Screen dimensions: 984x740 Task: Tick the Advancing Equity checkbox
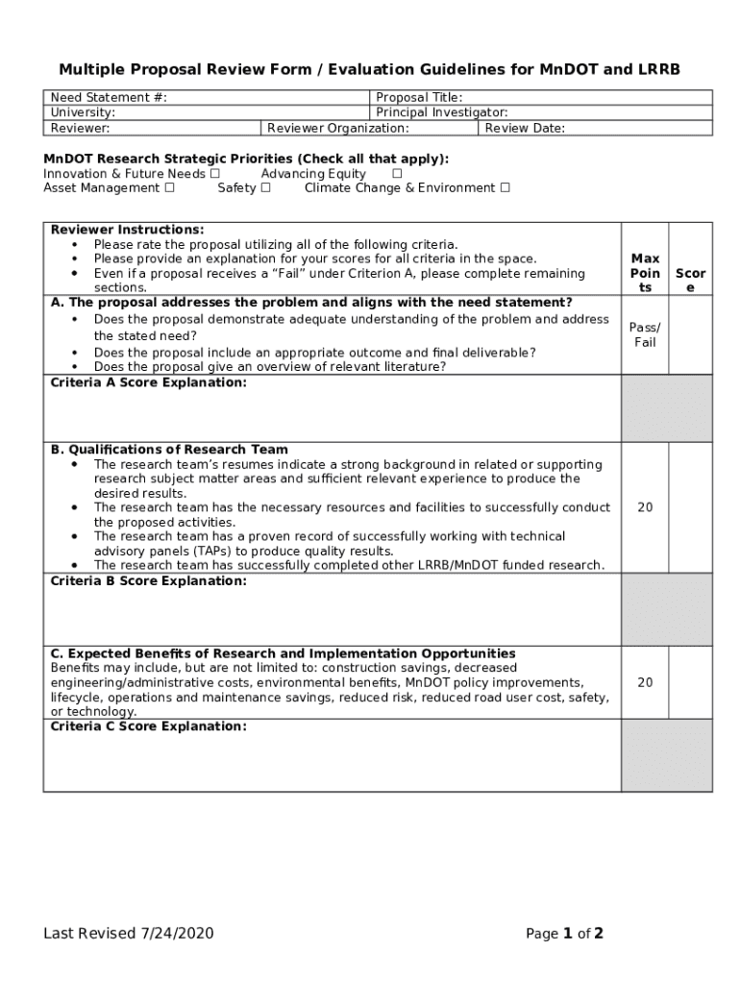click(397, 174)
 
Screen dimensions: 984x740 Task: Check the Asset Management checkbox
click(169, 188)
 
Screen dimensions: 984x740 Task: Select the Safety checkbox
click(265, 188)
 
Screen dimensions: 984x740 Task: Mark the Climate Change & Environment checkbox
click(505, 188)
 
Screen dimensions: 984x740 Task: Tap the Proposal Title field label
click(419, 98)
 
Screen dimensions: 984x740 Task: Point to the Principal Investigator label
click(441, 112)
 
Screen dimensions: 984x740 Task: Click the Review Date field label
click(525, 128)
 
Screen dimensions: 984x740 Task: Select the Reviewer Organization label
click(337, 128)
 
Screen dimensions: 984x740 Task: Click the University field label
click(83, 112)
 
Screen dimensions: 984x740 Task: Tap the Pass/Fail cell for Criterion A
click(645, 335)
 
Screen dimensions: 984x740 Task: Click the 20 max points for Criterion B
click(645, 507)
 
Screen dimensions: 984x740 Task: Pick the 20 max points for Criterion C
click(645, 682)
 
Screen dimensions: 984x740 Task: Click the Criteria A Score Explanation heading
click(148, 382)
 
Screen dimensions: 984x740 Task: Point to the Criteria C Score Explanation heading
click(148, 726)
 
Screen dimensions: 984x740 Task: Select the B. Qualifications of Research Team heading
click(169, 450)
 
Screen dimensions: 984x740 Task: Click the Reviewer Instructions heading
click(127, 230)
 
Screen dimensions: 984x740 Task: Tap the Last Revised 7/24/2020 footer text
click(128, 933)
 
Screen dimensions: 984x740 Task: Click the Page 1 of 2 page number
click(564, 933)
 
